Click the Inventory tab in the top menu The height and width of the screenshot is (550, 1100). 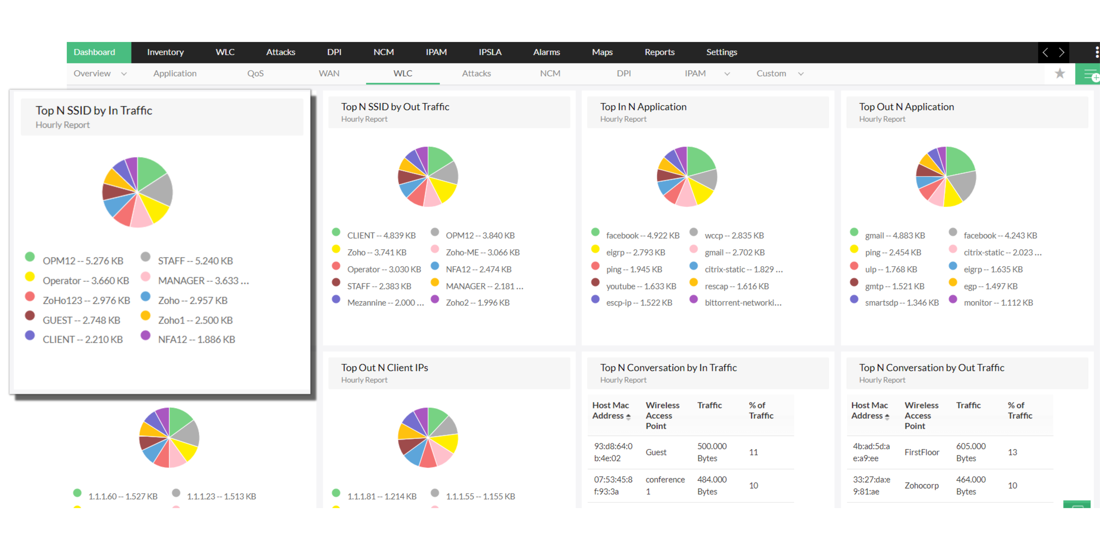coord(165,52)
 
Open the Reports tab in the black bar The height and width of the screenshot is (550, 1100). coord(659,52)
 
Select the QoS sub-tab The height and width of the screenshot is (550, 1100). coord(255,74)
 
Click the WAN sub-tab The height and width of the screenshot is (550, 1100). coord(329,74)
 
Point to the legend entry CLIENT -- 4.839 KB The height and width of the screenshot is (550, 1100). coord(381,235)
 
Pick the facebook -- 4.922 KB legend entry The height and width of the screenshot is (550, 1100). coord(642,235)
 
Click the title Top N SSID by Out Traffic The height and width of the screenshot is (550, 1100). coord(395,107)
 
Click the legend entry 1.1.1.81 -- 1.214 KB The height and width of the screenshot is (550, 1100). coord(381,496)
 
